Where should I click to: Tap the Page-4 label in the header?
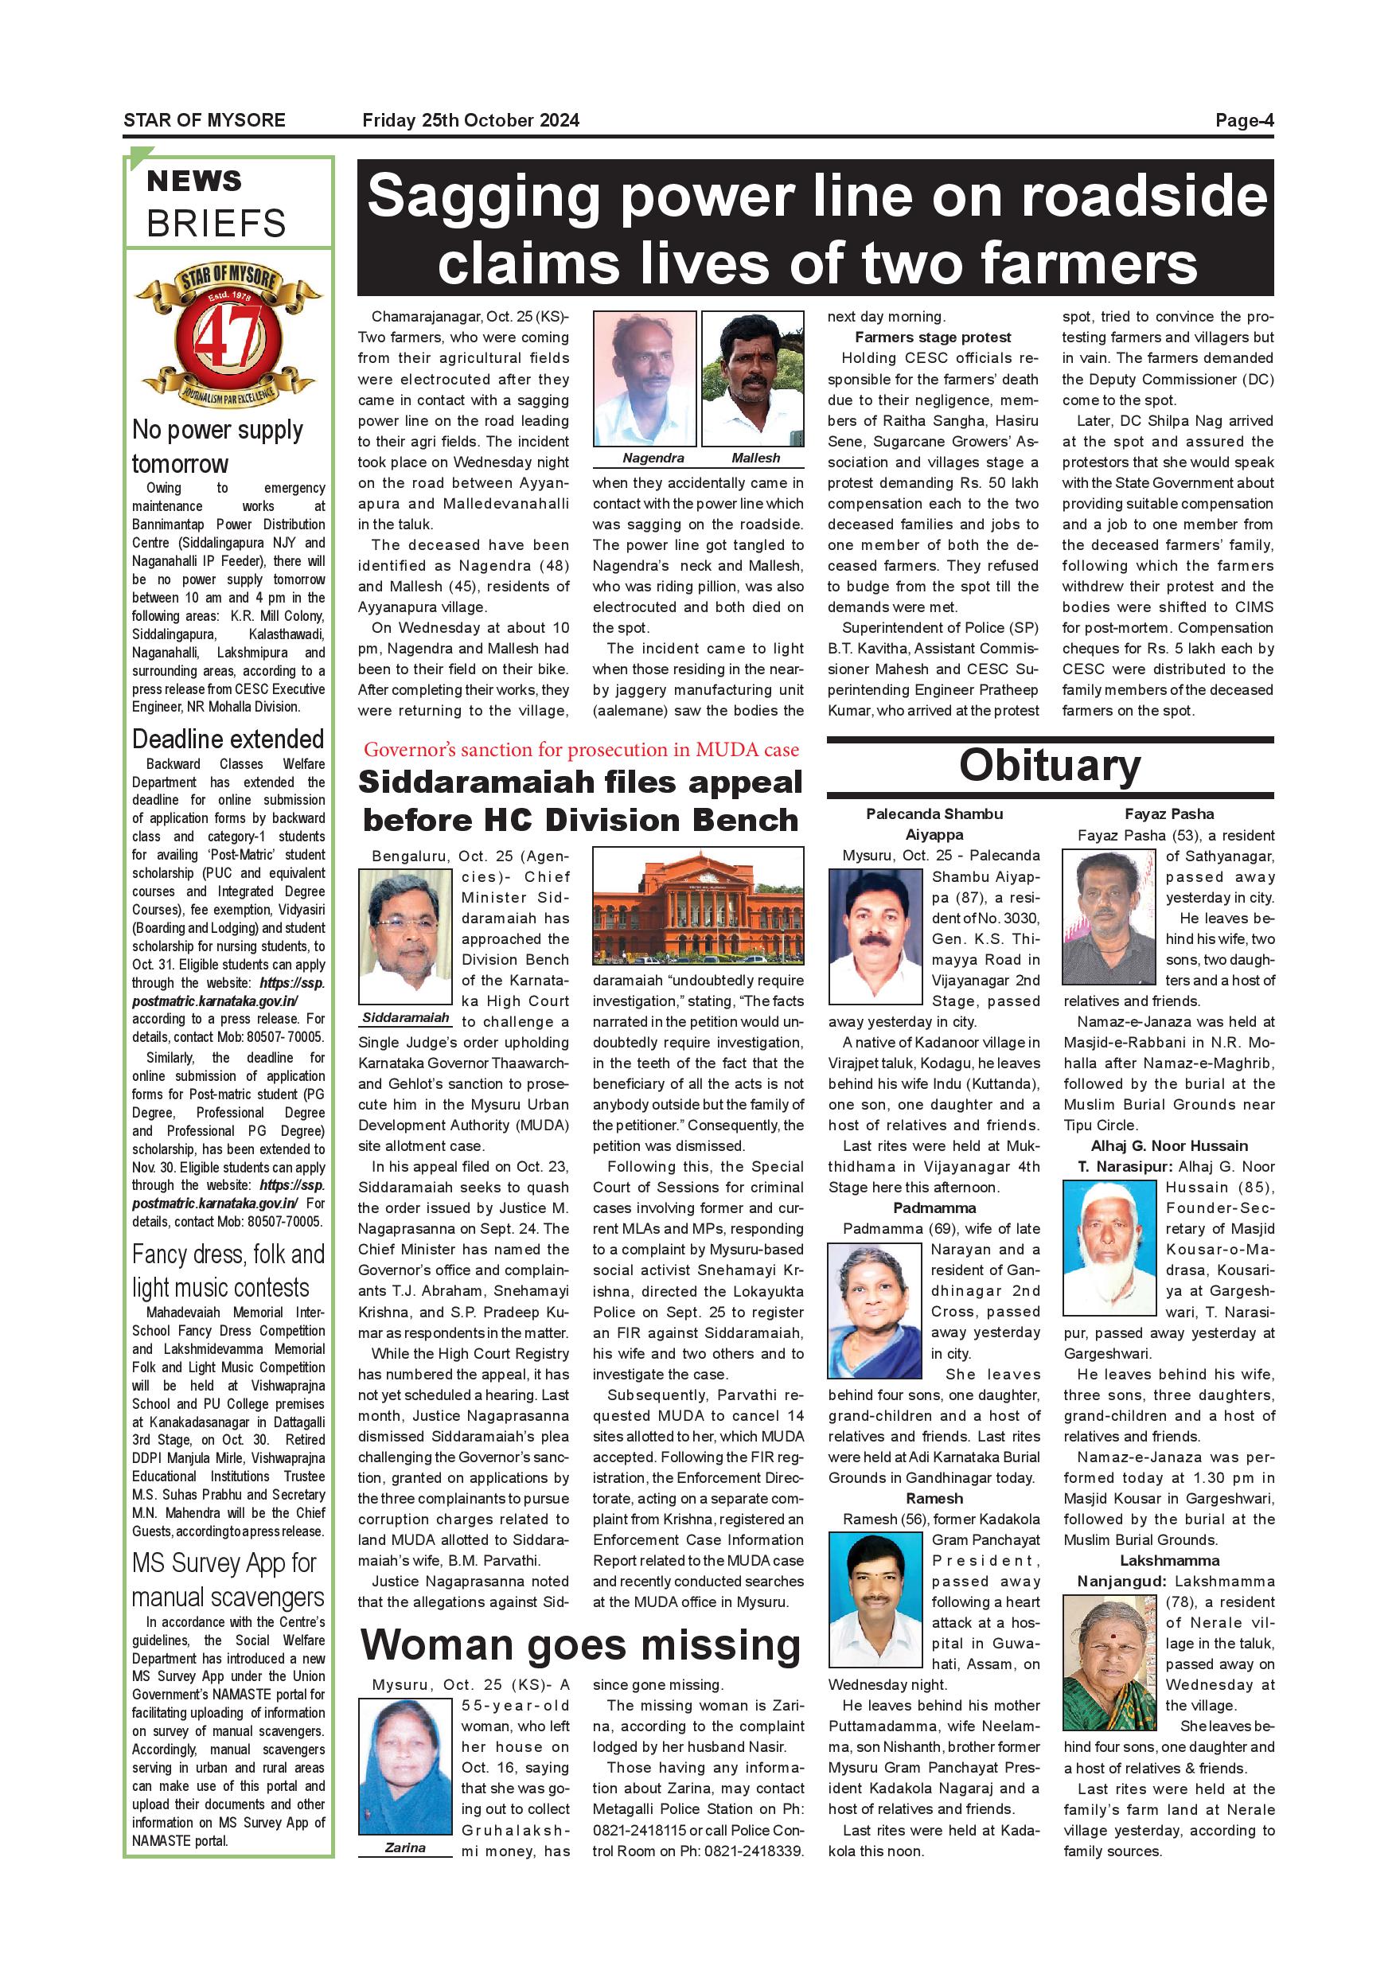(1243, 120)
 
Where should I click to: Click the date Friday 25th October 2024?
(470, 120)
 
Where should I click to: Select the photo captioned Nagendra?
(644, 379)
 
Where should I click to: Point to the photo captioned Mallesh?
(753, 379)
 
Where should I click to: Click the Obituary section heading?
(1050, 765)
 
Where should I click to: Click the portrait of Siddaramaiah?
(405, 936)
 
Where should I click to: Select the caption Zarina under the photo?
(405, 1847)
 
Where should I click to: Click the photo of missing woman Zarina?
(405, 1767)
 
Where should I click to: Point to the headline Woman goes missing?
(580, 1645)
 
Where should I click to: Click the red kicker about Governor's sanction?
(581, 750)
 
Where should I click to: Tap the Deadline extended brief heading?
(228, 739)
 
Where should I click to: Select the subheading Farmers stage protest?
(933, 337)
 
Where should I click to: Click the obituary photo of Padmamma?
(874, 1310)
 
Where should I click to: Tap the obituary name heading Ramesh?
(934, 1499)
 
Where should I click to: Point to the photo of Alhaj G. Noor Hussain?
(1108, 1248)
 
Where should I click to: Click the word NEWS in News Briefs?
(194, 181)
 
